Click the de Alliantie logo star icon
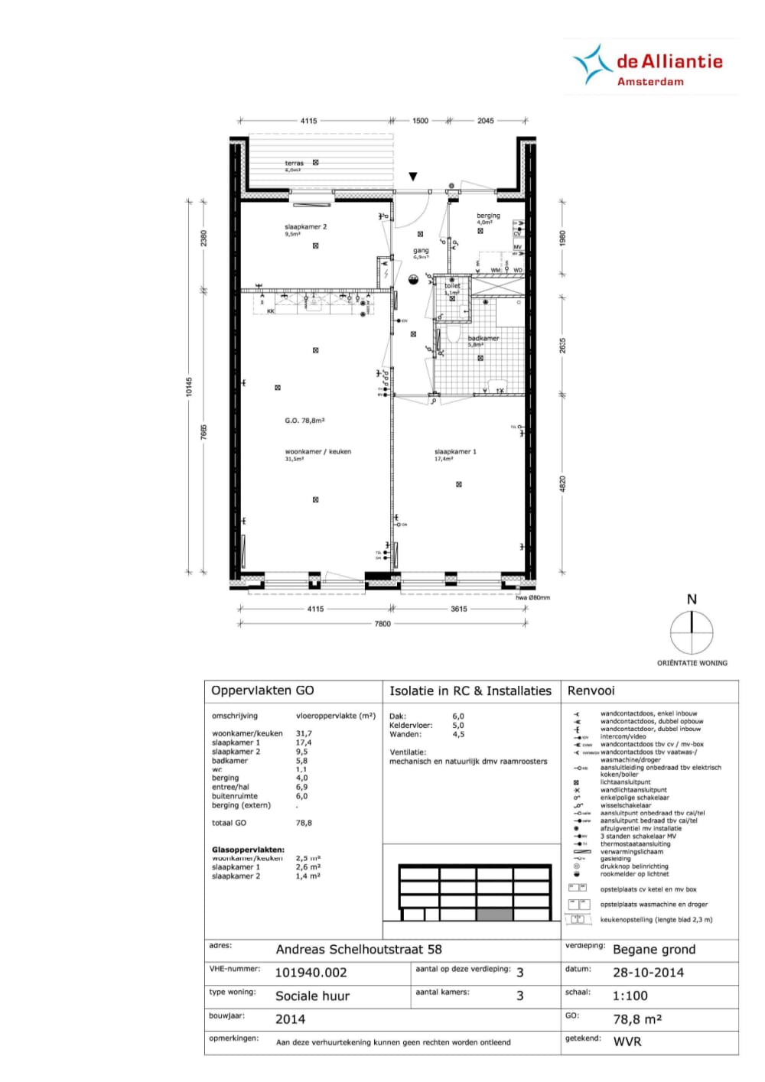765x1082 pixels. click(589, 64)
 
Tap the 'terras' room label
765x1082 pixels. click(294, 163)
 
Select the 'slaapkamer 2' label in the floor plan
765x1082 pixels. click(305, 227)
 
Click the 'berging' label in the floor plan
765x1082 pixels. click(488, 216)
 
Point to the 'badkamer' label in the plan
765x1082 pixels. click(483, 338)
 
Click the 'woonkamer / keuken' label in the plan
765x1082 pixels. click(318, 452)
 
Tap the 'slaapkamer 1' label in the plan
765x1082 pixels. click(455, 452)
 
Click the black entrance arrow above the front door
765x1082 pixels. click(413, 177)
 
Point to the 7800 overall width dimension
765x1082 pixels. click(382, 624)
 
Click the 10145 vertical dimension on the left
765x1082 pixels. click(189, 387)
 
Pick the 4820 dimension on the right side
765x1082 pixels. click(562, 484)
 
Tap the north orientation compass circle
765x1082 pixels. click(692, 633)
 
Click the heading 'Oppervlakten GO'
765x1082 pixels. click(262, 690)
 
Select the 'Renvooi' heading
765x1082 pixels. click(591, 690)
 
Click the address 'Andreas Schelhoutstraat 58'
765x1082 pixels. click(359, 950)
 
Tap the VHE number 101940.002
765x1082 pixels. click(311, 973)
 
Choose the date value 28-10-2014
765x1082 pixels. click(648, 973)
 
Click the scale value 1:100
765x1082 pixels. click(630, 996)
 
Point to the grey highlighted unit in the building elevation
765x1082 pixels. click(494, 915)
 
